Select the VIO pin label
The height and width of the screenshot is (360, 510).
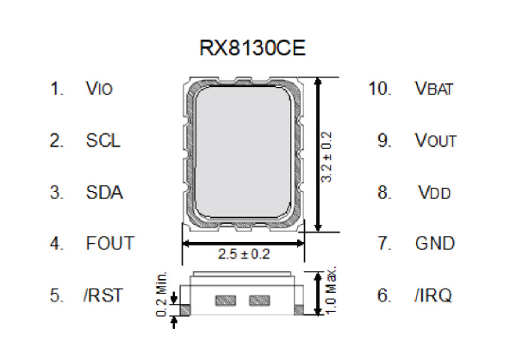click(99, 89)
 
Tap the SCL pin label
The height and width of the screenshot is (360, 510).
click(103, 140)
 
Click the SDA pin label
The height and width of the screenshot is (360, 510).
click(104, 192)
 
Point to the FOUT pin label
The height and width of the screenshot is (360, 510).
click(110, 244)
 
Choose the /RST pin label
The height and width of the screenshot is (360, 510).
click(103, 295)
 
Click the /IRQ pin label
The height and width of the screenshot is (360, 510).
click(432, 295)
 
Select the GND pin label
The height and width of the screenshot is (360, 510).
click(434, 244)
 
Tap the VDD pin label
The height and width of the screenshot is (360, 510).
click(434, 192)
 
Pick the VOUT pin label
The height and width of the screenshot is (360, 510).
click(435, 140)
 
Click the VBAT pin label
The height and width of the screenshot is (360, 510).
click(435, 89)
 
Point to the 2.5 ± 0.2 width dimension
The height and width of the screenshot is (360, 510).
click(244, 255)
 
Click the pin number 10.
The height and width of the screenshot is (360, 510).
click(379, 89)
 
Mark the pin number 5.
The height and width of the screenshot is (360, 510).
click(57, 295)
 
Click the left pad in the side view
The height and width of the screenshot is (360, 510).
click(226, 301)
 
